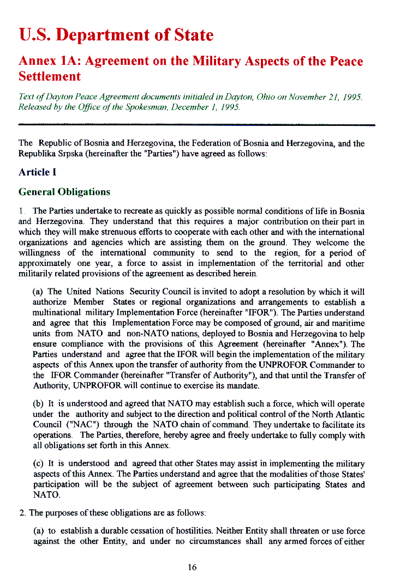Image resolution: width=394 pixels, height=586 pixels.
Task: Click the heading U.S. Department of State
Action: click(116, 35)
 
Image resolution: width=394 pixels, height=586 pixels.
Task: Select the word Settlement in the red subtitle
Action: click(50, 76)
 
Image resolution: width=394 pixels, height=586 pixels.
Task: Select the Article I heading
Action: click(38, 172)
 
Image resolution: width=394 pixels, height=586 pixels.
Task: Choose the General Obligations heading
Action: click(64, 192)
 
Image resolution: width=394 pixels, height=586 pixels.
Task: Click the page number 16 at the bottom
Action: click(192, 567)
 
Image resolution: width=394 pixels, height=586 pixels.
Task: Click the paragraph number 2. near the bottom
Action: click(22, 513)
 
